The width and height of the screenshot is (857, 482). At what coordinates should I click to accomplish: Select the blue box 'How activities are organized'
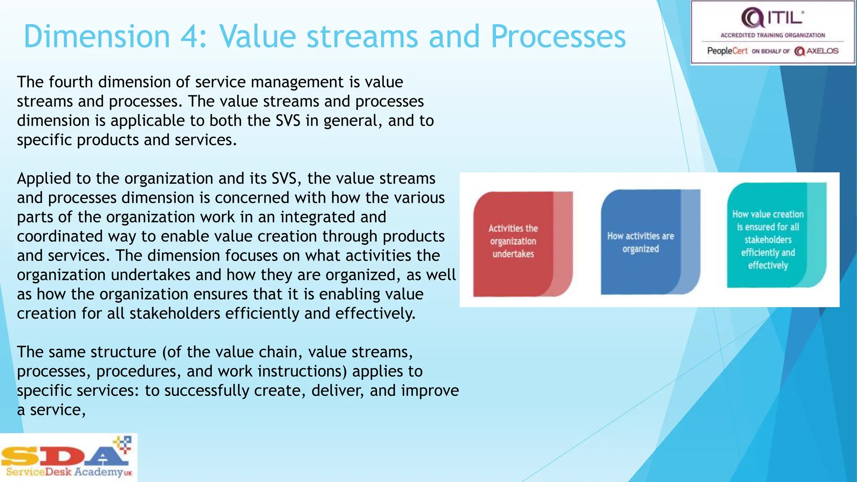pos(640,242)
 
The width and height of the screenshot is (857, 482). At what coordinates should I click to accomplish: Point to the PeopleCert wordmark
pos(727,51)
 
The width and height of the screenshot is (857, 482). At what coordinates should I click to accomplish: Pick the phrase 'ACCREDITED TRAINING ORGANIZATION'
pos(772,36)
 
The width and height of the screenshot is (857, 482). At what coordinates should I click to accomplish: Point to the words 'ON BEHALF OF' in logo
pos(770,51)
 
